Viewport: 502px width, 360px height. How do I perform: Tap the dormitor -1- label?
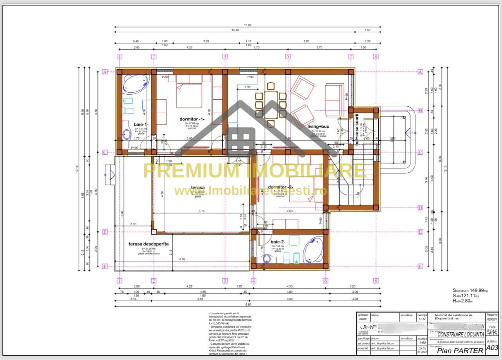(x=192, y=119)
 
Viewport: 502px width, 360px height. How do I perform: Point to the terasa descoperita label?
(x=149, y=244)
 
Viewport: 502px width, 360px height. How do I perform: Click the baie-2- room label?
(x=278, y=242)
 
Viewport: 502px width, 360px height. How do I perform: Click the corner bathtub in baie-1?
(x=135, y=83)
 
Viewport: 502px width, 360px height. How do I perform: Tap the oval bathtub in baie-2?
(x=313, y=250)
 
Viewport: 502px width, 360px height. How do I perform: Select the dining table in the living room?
(x=271, y=104)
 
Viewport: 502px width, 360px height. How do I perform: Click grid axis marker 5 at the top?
(x=288, y=56)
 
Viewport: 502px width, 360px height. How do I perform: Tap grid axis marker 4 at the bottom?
(x=253, y=281)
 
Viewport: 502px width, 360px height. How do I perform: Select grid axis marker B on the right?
(x=420, y=111)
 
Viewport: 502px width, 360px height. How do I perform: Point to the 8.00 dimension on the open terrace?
(x=183, y=260)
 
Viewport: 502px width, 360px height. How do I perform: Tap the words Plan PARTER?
(x=460, y=350)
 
